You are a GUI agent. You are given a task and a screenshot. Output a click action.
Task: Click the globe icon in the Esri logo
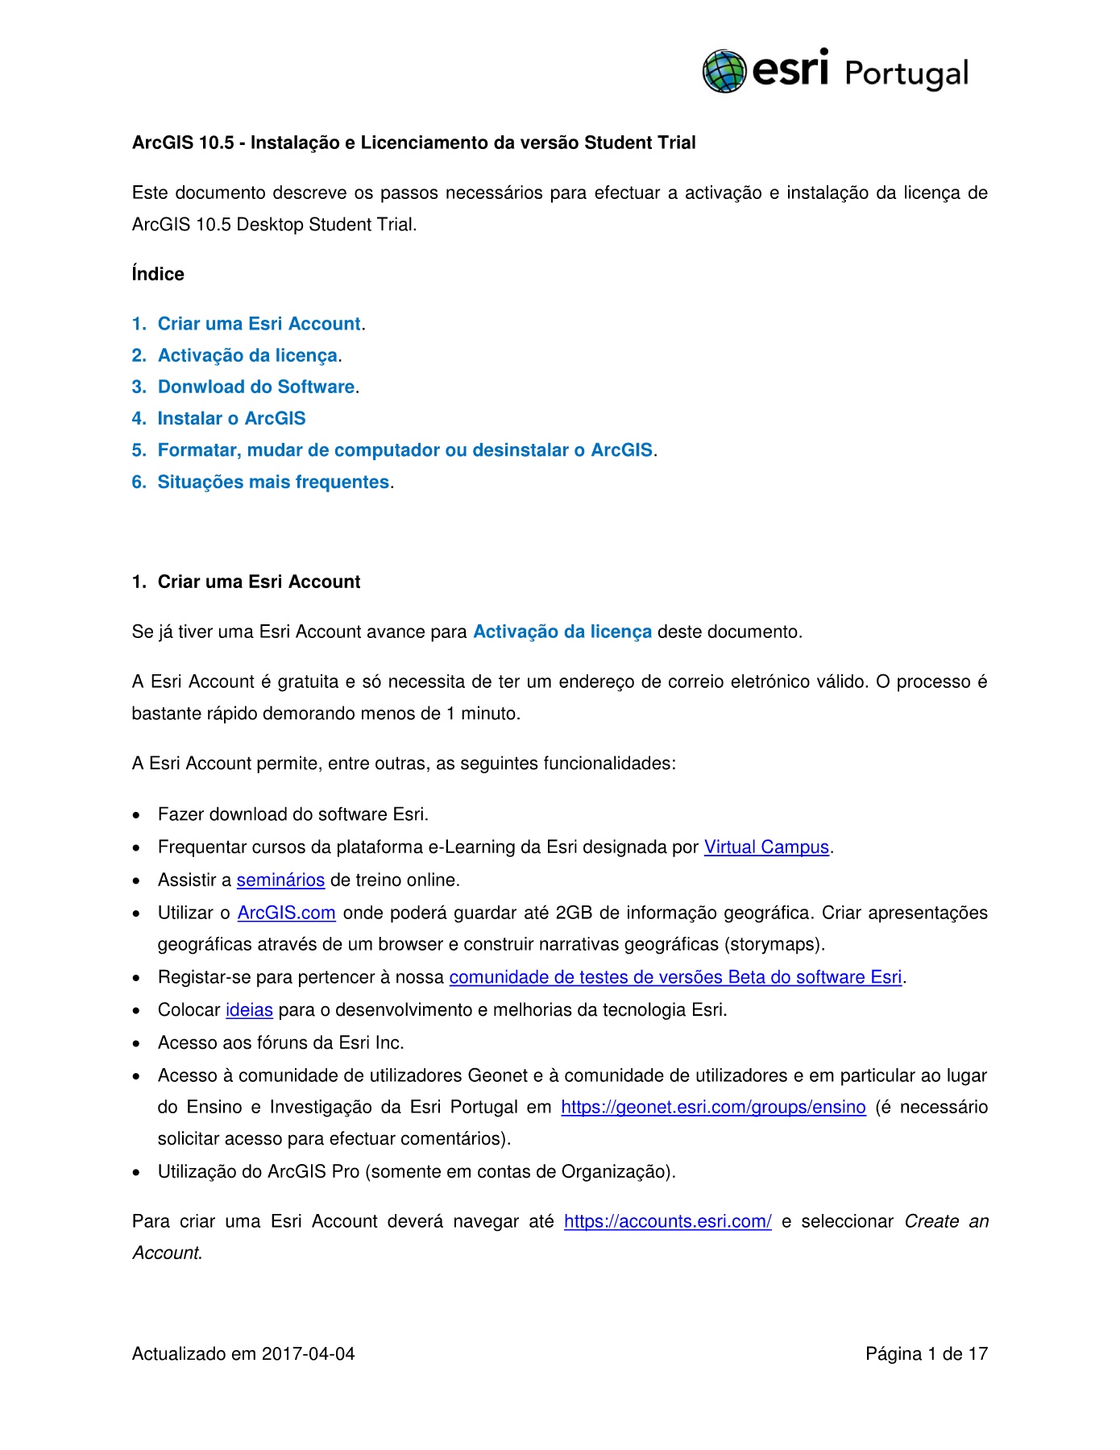pos(724,71)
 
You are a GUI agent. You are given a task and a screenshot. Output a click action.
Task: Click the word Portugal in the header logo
pos(906,73)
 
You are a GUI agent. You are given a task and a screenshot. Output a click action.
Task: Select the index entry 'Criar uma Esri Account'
pos(259,324)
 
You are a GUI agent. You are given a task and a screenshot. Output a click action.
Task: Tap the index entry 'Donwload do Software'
pos(256,387)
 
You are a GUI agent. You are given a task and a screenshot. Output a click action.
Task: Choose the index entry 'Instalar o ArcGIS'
pos(231,418)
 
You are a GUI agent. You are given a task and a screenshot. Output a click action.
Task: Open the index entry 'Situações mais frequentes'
pos(273,482)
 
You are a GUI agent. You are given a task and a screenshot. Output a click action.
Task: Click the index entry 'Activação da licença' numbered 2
pos(247,355)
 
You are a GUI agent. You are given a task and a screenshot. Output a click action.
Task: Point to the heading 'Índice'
pos(158,274)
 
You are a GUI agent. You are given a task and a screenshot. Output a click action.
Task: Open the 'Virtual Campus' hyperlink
pos(766,847)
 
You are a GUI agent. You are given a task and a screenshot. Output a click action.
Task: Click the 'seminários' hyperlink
pos(280,880)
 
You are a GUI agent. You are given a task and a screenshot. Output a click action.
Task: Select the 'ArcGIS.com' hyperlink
pos(286,913)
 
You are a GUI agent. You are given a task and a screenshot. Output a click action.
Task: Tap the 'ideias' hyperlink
pos(249,1009)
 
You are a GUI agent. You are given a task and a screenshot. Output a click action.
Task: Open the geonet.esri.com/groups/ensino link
pos(713,1107)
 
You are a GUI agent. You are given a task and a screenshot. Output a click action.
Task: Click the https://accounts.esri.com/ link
pos(667,1221)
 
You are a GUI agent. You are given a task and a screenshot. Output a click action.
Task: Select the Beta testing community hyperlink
pos(675,977)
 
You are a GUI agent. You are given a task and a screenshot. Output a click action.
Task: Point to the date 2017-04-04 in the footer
pos(309,1353)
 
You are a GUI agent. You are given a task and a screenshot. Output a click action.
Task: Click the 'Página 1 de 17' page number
pos(927,1353)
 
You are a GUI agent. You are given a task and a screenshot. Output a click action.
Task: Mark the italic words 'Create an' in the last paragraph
pos(946,1221)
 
